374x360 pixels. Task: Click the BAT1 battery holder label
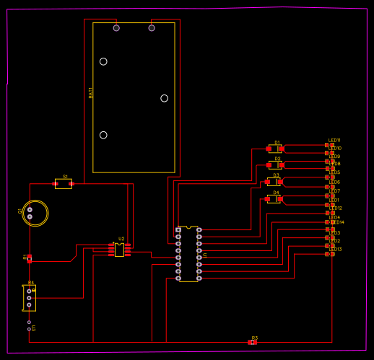[91, 92]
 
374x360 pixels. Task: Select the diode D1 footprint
[275, 149]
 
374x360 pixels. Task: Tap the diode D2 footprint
[275, 164]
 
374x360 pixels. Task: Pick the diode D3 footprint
[274, 182]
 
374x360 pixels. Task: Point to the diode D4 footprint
[274, 198]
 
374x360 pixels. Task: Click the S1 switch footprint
[64, 184]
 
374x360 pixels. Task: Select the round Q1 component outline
[35, 213]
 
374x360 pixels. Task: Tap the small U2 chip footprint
[119, 250]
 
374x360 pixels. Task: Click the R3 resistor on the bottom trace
[252, 342]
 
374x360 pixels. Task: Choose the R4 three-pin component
[29, 297]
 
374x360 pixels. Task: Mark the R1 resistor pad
[30, 258]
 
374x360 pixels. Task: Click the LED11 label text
[334, 140]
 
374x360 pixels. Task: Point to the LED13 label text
[335, 249]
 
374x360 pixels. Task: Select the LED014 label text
[336, 222]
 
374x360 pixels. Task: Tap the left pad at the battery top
[116, 28]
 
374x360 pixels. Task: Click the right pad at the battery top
[152, 28]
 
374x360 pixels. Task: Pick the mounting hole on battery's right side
[164, 98]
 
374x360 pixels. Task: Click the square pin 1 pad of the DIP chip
[178, 230]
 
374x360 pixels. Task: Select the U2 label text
[121, 239]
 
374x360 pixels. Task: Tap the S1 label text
[65, 176]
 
